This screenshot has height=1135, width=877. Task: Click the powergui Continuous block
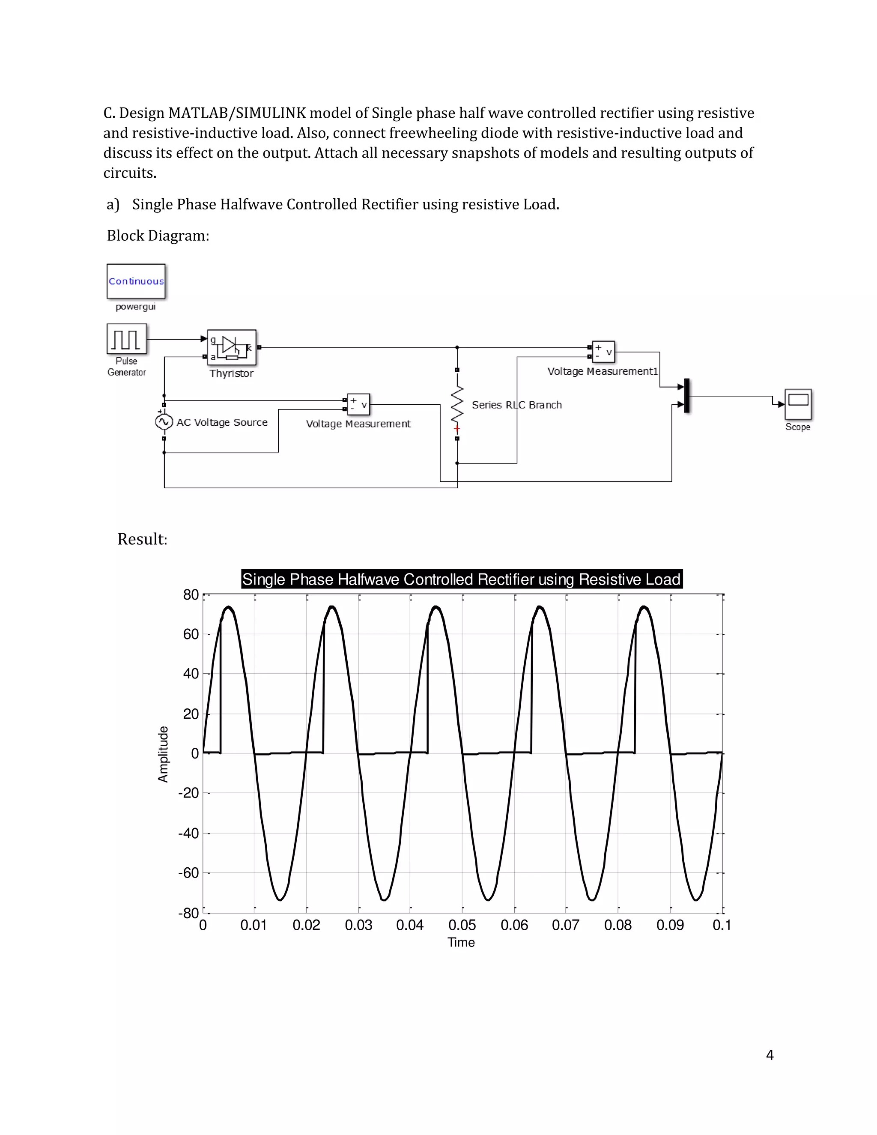coord(136,281)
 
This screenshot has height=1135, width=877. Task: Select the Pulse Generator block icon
coord(126,339)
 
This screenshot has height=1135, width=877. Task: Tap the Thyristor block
coord(232,347)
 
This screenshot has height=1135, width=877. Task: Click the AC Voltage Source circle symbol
coord(164,421)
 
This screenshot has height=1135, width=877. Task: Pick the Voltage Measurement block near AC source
coord(358,404)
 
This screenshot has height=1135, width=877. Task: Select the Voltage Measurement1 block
coord(603,352)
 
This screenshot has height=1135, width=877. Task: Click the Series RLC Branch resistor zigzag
coord(456,405)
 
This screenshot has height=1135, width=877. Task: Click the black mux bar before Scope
coord(687,395)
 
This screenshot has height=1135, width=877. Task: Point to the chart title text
coord(461,579)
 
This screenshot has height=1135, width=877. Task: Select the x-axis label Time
coord(461,942)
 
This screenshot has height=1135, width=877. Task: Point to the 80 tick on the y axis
coord(191,594)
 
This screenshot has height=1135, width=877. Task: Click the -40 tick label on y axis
coord(188,833)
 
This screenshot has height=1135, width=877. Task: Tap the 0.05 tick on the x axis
coord(462,925)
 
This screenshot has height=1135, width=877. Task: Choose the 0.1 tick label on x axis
coord(721,925)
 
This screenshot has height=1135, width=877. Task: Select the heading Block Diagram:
coord(158,236)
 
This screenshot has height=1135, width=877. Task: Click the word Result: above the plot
coord(142,539)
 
